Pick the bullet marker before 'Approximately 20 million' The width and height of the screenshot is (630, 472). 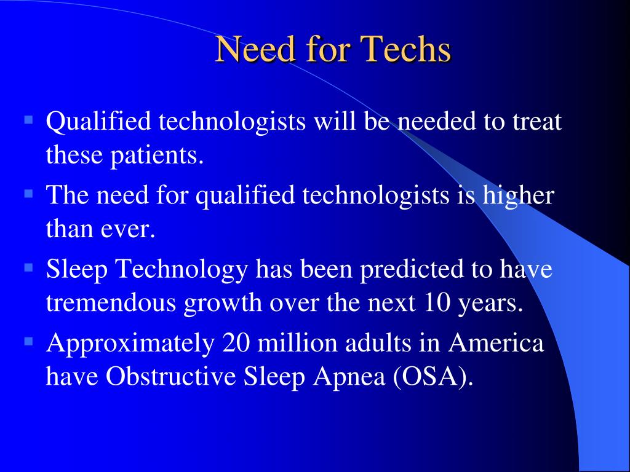(x=28, y=339)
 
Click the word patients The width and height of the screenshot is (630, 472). (x=156, y=156)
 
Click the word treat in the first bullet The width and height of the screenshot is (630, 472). (x=537, y=123)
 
